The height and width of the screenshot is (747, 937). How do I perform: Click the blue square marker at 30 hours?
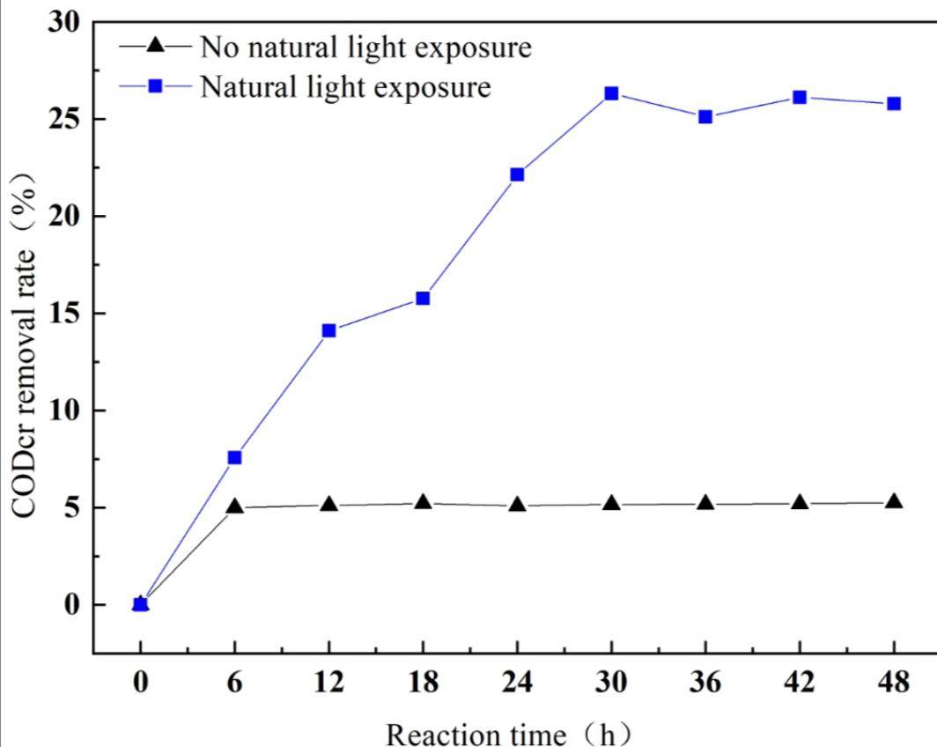click(x=611, y=93)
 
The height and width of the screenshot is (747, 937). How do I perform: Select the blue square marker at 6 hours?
click(x=234, y=457)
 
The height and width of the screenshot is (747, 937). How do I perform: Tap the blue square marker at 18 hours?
click(x=423, y=298)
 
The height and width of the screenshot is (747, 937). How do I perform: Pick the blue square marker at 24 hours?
click(x=517, y=174)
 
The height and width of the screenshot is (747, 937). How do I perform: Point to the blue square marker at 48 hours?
click(x=894, y=103)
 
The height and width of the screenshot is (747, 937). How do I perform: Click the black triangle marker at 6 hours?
click(x=234, y=507)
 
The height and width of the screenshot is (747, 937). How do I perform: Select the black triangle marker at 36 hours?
click(x=705, y=503)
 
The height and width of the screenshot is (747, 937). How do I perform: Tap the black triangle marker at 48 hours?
click(x=894, y=501)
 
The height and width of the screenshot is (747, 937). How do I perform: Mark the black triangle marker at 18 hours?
click(x=423, y=502)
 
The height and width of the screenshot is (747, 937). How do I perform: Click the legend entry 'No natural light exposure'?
click(x=365, y=47)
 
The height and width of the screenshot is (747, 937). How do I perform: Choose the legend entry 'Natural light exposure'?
click(x=345, y=86)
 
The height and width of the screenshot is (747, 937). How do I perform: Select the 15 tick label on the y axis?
click(x=66, y=314)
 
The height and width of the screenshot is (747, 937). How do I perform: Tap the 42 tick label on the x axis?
click(x=800, y=684)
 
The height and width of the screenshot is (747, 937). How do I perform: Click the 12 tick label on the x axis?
click(x=328, y=684)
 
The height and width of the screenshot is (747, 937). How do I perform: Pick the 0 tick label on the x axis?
click(x=140, y=684)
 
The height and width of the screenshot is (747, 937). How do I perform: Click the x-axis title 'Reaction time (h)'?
click(x=509, y=732)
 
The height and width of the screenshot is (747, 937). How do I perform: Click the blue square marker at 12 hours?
click(x=328, y=330)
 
